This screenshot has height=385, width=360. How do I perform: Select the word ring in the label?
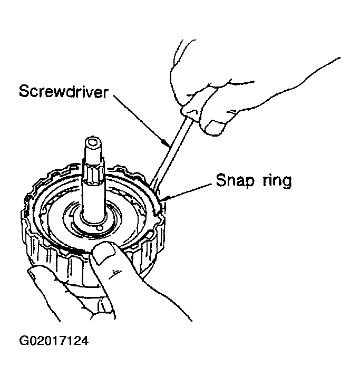pyautogui.click(x=275, y=181)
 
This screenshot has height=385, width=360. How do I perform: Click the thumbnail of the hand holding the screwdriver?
pyautogui.click(x=216, y=127)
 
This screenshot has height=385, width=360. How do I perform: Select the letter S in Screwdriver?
pyautogui.click(x=24, y=91)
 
